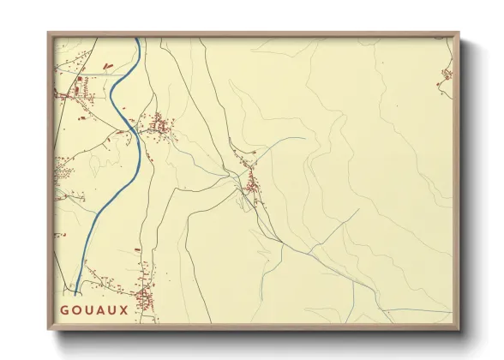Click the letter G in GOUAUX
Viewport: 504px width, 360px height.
tap(64, 309)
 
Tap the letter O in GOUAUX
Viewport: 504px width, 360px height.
tap(77, 309)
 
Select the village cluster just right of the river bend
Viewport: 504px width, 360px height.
tap(159, 127)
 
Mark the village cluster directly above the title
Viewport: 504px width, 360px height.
tap(144, 291)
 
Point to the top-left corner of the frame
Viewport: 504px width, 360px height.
tap(48, 33)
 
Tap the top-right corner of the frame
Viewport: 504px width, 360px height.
tap(460, 33)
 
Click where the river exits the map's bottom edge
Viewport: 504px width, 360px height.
tap(75, 295)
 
